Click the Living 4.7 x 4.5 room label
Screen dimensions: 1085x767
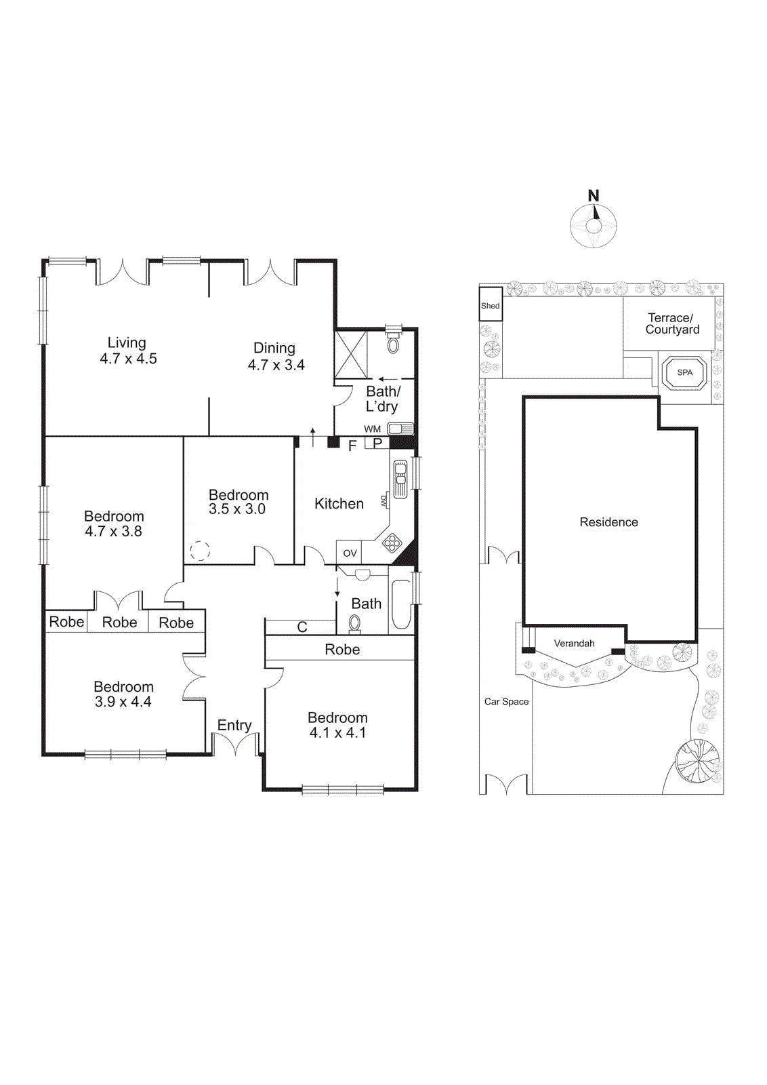tap(127, 351)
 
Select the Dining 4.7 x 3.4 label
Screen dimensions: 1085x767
tap(275, 356)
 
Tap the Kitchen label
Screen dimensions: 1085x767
tap(339, 503)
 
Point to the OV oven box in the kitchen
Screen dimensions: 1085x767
tap(350, 553)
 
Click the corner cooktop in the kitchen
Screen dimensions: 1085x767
tap(392, 542)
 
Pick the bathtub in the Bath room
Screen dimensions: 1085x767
tap(400, 604)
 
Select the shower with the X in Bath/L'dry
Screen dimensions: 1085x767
tap(351, 354)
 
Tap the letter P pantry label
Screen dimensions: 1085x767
tap(378, 443)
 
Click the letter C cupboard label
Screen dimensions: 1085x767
tap(302, 627)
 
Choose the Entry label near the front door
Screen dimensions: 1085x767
tap(234, 725)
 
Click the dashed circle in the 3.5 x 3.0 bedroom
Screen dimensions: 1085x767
tap(200, 551)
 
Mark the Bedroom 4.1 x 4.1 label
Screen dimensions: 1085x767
tap(337, 724)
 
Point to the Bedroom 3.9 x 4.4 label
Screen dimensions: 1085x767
tap(123, 694)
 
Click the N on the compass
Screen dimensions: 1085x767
tap(594, 195)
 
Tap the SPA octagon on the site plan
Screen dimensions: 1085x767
tap(685, 372)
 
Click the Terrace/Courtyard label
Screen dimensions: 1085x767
tap(671, 323)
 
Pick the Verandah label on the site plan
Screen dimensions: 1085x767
tap(574, 643)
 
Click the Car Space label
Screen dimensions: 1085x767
tap(506, 701)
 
